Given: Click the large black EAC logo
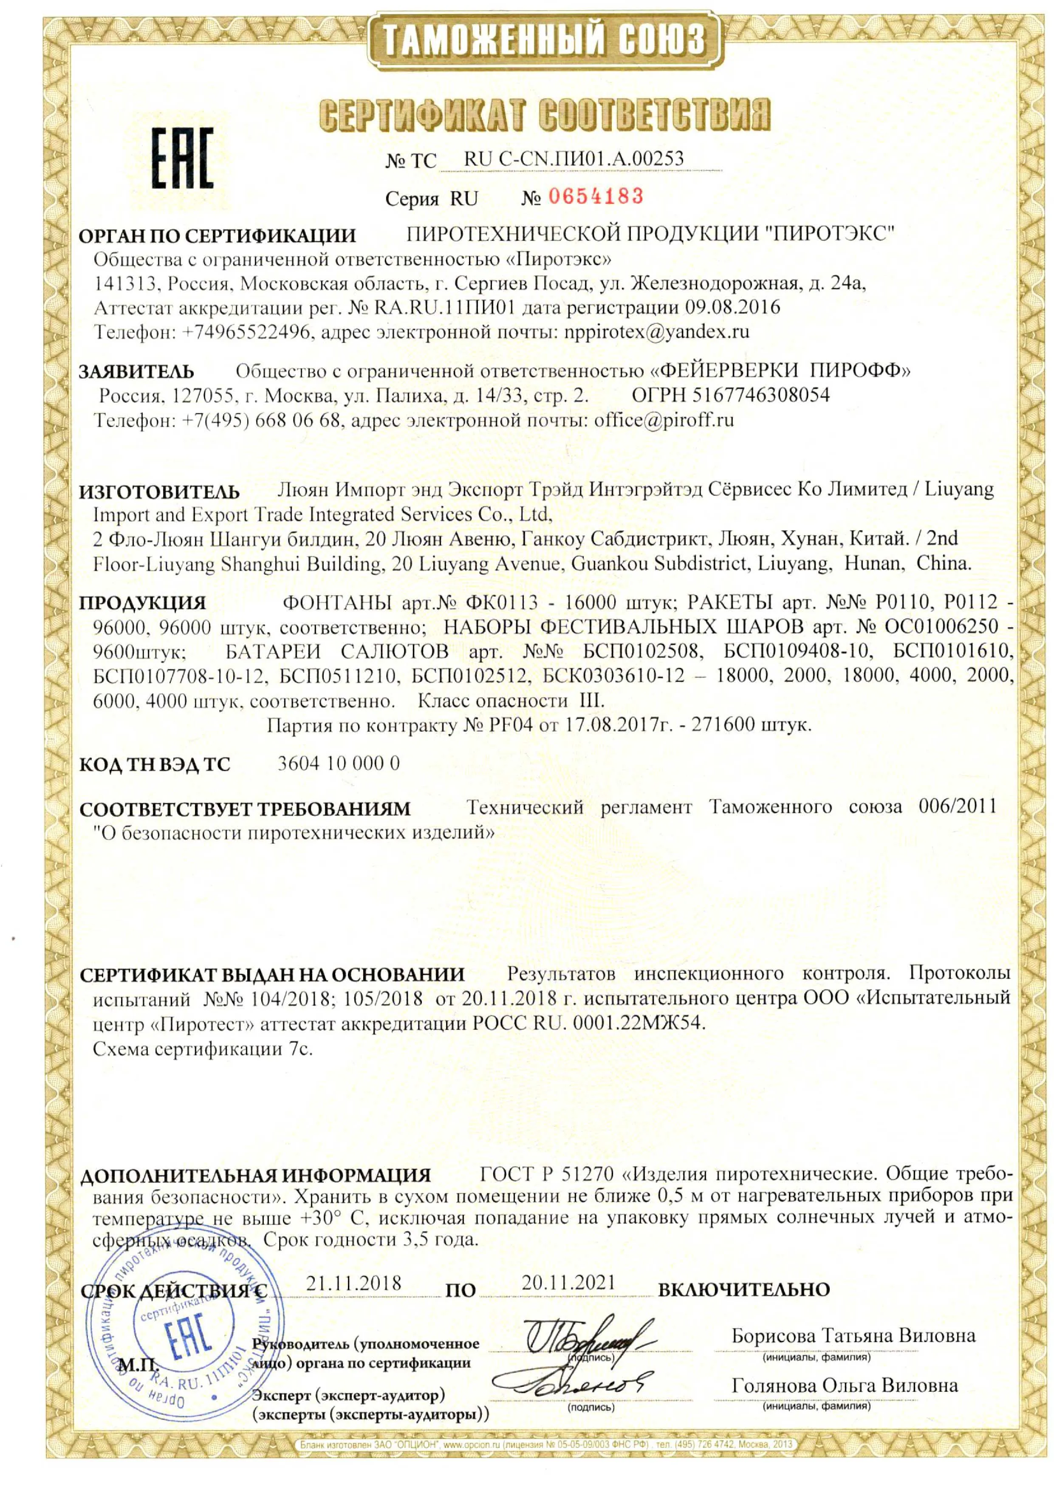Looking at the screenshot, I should pos(182,158).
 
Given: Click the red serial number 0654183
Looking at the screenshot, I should pos(596,195).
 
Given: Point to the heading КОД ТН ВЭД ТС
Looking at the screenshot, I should pos(155,764).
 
